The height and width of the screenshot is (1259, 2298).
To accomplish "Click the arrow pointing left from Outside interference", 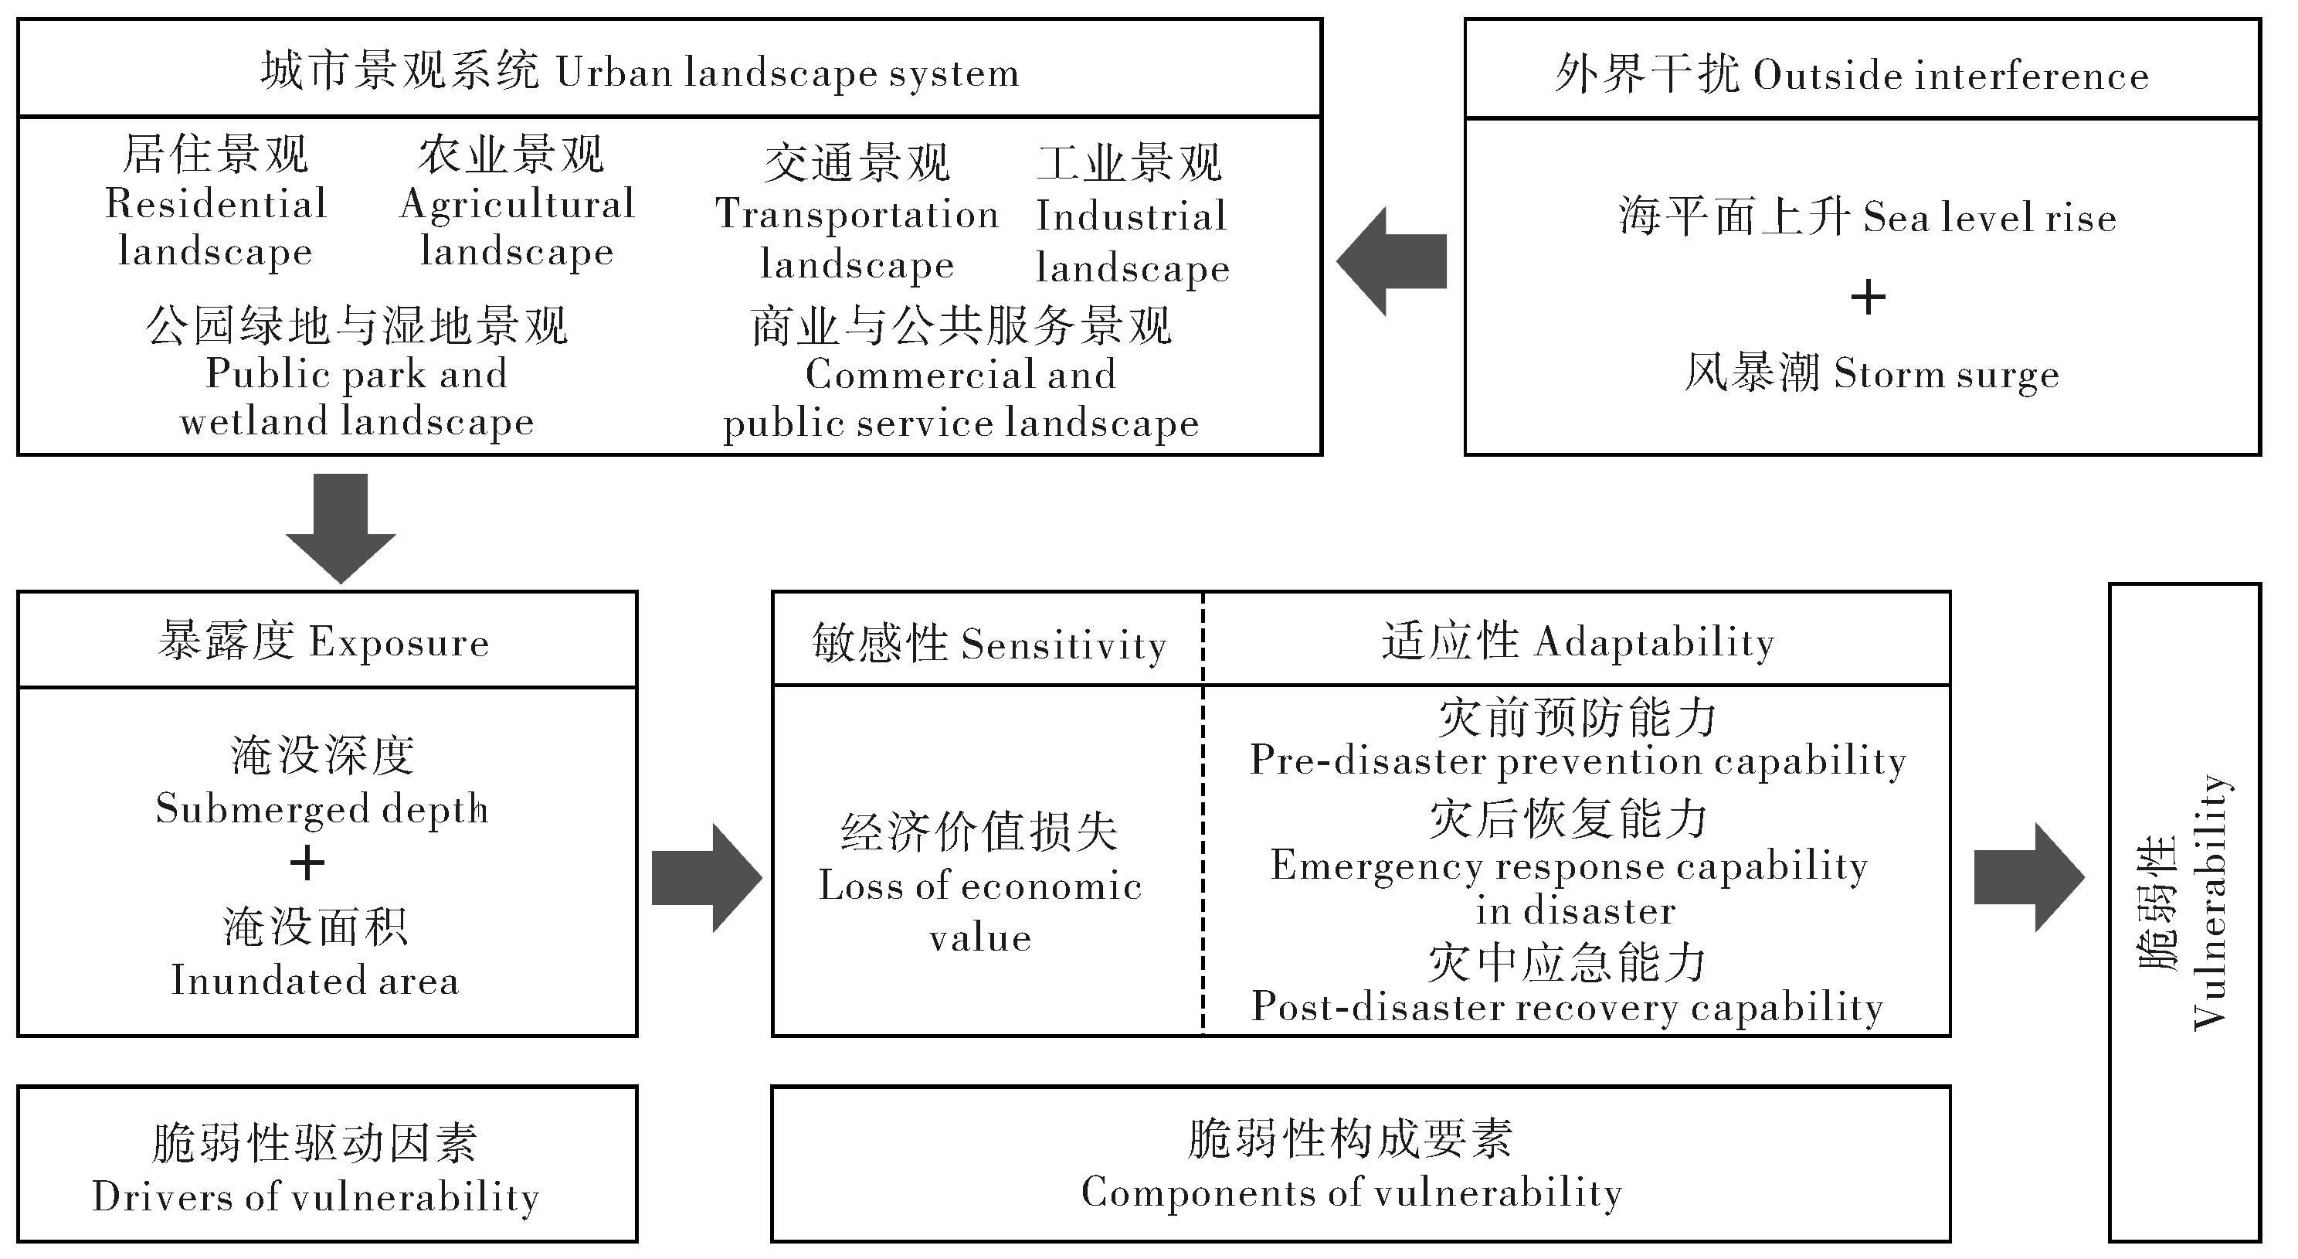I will (1392, 261).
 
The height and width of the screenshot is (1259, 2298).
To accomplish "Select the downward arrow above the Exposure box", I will (341, 526).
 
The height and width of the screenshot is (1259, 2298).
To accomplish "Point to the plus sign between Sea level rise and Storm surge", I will (1868, 297).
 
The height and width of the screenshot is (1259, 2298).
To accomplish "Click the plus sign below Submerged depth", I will (307, 863).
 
